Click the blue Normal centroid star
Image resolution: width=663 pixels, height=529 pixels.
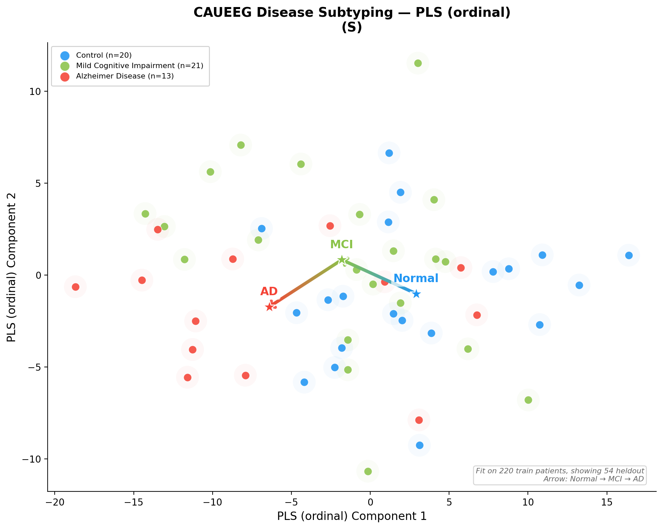coord(416,294)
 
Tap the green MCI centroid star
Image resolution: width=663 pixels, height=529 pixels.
coord(342,260)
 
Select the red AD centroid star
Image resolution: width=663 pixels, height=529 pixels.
coord(269,307)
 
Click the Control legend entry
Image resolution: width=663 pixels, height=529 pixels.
coord(104,55)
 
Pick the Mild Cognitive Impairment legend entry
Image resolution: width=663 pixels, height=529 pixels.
coord(140,66)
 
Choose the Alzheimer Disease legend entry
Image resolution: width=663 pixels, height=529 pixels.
coord(125,76)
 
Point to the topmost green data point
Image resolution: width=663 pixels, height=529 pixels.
coord(418,63)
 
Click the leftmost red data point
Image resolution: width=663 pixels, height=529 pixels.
coord(75,287)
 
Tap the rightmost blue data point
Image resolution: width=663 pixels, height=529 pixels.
coord(629,255)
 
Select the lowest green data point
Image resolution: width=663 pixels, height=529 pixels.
coord(368,471)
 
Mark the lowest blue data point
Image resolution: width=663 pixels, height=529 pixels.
coord(420,445)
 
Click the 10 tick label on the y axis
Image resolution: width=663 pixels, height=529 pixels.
coord(34,92)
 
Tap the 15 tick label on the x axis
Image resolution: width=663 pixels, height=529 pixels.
coord(607,502)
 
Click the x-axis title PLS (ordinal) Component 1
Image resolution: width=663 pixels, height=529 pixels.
coord(352,516)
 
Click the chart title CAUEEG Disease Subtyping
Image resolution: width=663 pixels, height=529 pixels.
coord(352,13)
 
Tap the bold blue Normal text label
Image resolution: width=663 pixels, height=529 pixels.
coord(416,278)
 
